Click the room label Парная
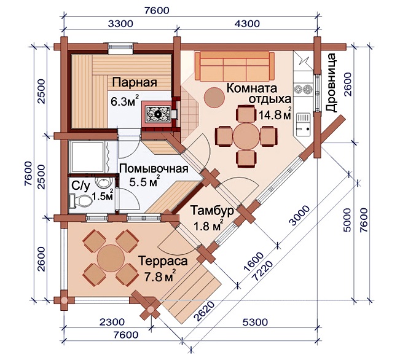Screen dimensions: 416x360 135,82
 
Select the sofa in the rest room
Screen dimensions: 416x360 235,66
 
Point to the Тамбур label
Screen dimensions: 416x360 213,210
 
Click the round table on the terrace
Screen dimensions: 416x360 111,257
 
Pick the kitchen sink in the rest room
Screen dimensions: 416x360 303,123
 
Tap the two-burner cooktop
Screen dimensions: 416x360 303,89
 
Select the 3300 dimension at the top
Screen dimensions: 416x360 120,23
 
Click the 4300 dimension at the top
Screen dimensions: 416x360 247,23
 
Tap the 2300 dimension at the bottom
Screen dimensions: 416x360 112,322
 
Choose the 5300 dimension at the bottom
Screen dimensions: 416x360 255,322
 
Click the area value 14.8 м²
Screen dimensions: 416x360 275,114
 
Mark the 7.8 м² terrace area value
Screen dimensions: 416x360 160,276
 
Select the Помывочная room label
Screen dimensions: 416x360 154,169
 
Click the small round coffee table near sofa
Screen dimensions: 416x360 214,97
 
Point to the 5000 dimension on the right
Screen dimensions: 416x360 347,220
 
